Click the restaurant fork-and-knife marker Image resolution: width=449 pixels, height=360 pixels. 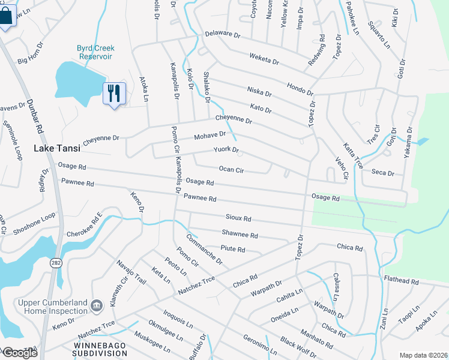(114, 94)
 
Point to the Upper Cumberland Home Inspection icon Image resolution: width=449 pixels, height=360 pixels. (96, 307)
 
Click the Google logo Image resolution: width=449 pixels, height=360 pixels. (20, 353)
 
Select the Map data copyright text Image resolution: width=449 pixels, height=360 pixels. (423, 355)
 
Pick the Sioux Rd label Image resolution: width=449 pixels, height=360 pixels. (238, 218)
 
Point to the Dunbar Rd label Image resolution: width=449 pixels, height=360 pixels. (35, 117)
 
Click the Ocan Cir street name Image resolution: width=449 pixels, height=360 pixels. (231, 170)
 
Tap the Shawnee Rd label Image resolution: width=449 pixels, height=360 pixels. (240, 235)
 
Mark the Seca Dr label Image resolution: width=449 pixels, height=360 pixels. (382, 173)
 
